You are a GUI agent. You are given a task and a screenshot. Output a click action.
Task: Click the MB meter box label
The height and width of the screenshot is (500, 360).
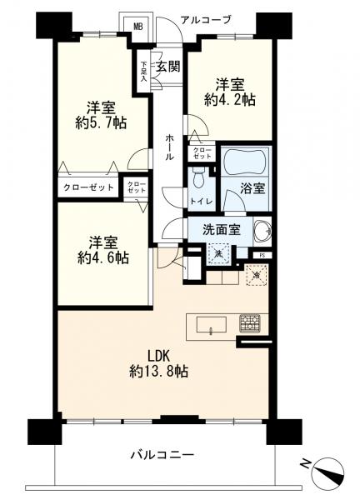point(138,27)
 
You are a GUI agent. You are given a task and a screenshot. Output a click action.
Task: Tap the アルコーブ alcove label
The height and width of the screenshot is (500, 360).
point(205,20)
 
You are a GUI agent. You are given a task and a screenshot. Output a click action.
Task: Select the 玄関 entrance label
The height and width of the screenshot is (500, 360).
point(168,67)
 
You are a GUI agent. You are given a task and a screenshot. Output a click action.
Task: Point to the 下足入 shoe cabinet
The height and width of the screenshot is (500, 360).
point(143,71)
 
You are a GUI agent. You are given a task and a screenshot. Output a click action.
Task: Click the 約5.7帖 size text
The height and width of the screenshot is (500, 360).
point(101,122)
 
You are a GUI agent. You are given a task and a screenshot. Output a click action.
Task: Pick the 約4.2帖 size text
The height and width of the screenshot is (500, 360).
point(230,100)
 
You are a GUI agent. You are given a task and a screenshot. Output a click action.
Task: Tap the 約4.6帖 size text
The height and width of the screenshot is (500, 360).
point(103,257)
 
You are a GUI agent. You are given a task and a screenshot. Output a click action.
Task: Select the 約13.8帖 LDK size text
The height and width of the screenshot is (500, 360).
point(159,371)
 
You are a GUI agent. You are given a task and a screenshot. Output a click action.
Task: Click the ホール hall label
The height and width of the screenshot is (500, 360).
point(170,147)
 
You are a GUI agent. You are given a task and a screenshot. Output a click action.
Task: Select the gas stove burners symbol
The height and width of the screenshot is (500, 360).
point(250,323)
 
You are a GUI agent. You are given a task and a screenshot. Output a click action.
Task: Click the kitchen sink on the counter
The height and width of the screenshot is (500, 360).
point(212,325)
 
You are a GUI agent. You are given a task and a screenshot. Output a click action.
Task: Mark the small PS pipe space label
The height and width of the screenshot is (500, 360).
point(262,255)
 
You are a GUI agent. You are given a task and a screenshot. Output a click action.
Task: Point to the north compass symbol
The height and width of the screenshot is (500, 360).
point(328,472)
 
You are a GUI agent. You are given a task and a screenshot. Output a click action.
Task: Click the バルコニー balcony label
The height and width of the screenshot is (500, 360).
point(162,454)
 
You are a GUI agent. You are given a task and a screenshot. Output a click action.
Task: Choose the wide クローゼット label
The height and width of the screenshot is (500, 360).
point(88,187)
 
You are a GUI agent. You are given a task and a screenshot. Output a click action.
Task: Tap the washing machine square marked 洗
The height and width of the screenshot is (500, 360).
point(218,253)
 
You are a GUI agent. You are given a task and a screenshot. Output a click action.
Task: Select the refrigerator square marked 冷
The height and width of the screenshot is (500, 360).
point(257,275)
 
